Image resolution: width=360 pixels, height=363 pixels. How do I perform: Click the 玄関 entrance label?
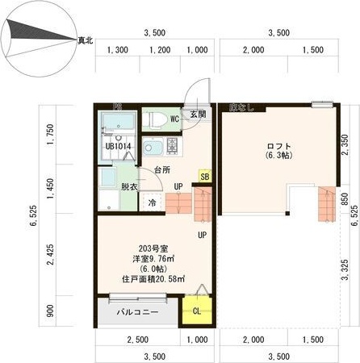tap(198, 115)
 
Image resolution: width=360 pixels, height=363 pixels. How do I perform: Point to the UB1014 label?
tap(118, 147)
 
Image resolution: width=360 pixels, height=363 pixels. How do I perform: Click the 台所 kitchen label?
tap(162, 169)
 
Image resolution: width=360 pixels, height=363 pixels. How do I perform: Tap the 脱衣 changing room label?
tap(130, 186)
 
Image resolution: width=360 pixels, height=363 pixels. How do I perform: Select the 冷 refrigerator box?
tap(152, 203)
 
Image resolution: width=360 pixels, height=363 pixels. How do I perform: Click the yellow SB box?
tap(204, 176)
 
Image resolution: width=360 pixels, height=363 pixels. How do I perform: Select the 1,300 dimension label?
tap(117, 50)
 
